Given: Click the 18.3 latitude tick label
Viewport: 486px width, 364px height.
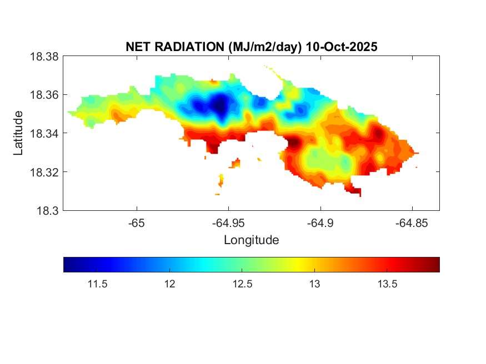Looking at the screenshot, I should (x=47, y=210).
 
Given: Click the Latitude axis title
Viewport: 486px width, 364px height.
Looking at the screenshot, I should (x=19, y=133).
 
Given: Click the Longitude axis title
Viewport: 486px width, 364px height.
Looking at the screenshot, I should (x=251, y=240).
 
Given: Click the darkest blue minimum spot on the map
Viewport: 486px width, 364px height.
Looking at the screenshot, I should (x=220, y=104).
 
